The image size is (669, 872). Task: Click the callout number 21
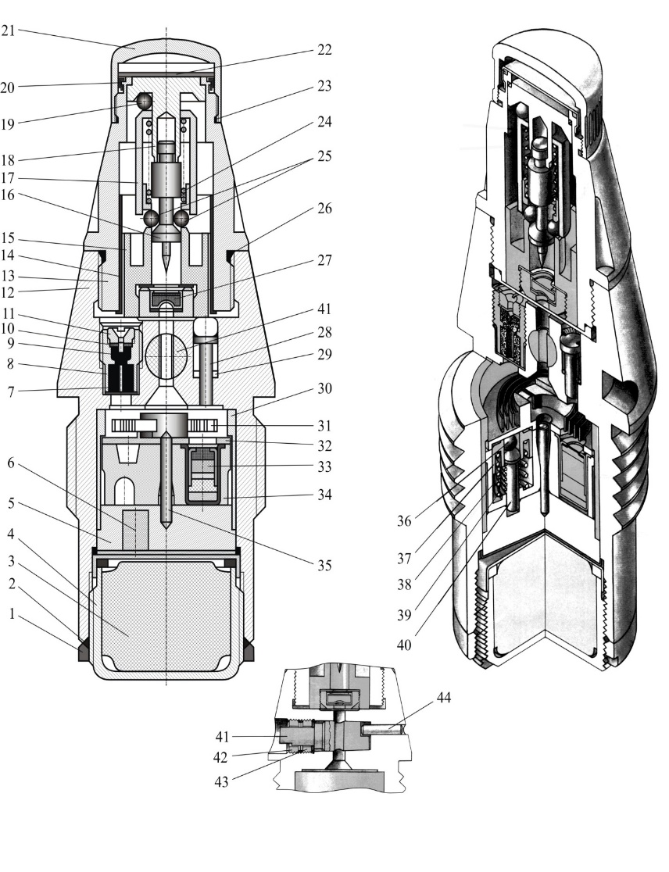tap(8, 31)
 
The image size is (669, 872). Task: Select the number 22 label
tap(324, 49)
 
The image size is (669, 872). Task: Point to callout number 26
tap(324, 209)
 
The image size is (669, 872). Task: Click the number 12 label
tap(8, 294)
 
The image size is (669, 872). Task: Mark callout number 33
tap(324, 467)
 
